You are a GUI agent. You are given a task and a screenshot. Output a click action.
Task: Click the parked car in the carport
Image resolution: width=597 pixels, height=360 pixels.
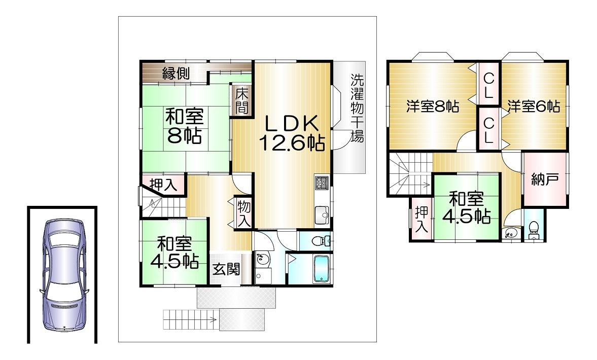(x=63, y=275)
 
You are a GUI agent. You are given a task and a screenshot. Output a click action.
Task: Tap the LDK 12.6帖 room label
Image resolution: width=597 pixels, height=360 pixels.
(x=292, y=133)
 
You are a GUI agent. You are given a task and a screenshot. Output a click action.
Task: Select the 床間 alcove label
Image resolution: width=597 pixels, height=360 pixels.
(x=241, y=101)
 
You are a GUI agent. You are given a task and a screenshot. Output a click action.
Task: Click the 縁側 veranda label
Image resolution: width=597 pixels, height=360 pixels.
(x=176, y=73)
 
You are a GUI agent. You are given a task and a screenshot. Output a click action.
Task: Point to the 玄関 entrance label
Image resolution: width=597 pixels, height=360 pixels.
(x=226, y=269)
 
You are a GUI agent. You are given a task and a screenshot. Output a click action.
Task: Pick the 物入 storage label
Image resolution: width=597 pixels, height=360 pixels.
(x=243, y=213)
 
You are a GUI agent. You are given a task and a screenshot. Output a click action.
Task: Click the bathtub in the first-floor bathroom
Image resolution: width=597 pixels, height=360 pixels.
(x=321, y=269)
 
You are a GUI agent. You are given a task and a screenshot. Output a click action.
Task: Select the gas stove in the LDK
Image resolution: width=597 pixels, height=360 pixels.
(x=322, y=183)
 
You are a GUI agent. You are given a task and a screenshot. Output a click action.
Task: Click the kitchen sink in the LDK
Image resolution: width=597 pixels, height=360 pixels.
(x=322, y=215)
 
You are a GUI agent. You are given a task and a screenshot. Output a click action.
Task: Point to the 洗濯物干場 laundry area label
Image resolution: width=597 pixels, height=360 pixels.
(x=357, y=107)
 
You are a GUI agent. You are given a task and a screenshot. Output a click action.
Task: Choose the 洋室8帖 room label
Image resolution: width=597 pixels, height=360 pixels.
(x=433, y=106)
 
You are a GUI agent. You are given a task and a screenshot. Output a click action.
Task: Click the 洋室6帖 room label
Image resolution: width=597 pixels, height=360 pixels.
(x=534, y=106)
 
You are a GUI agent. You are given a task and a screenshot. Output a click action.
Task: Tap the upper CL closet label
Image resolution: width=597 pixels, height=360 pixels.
(x=488, y=86)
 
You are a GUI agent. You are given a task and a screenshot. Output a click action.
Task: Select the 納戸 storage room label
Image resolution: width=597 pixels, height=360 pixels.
(x=545, y=179)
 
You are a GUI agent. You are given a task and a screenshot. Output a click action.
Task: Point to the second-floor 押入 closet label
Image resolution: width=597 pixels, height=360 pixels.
(x=422, y=220)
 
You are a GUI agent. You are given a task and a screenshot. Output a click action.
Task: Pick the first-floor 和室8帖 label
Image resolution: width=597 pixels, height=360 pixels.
(x=185, y=125)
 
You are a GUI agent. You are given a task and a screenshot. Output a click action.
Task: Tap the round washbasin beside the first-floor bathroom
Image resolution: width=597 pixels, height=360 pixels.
(x=262, y=260)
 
